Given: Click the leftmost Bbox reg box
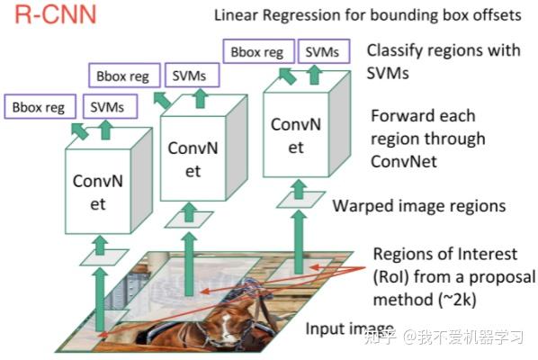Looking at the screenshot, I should click(39, 108).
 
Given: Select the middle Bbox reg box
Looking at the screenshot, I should click(124, 76).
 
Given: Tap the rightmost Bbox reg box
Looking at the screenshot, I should click(256, 52).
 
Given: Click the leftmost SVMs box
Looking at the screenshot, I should click(108, 108).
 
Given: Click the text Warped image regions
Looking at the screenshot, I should click(418, 206).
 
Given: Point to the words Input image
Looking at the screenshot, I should click(350, 328).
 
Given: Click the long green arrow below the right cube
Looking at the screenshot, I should click(296, 243).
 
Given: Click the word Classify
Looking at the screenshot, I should click(398, 51).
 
